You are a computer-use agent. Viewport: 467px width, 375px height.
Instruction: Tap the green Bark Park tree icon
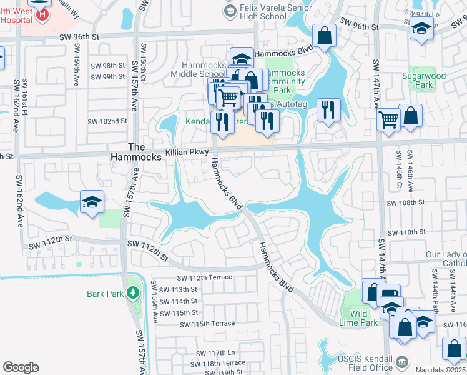132,292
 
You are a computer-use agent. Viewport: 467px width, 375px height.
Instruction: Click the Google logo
21,367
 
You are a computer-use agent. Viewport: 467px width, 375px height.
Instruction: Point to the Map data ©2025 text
440,370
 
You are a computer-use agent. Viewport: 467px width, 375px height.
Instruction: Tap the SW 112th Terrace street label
204,277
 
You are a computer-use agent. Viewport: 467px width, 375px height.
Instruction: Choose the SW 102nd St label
107,121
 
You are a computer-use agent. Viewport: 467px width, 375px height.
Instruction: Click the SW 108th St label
406,203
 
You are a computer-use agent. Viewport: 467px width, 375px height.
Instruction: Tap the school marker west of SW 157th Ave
92,202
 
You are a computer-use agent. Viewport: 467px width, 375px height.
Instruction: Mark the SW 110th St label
406,232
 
